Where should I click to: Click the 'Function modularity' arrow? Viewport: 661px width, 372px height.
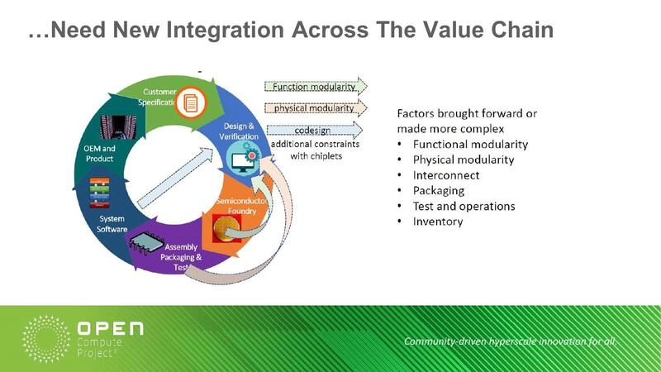pos(316,86)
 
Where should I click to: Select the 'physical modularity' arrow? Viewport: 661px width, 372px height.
pos(316,107)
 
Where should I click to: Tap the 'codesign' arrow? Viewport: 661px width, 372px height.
pos(316,130)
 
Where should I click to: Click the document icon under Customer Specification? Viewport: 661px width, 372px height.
pos(191,102)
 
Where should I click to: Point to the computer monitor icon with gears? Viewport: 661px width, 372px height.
pos(244,157)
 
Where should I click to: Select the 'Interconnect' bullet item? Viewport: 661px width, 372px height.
pos(445,175)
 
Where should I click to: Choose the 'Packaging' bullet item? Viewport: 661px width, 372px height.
pos(439,190)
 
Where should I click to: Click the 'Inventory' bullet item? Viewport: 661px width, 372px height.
pos(438,222)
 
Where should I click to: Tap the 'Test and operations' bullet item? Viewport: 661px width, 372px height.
pos(464,206)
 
